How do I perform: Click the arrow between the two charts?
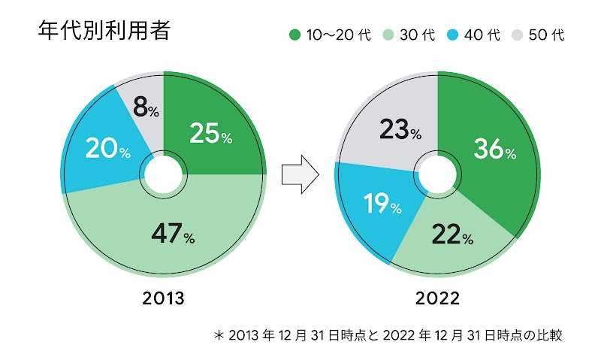(300, 175)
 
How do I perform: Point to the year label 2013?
(164, 298)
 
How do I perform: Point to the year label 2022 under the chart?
(437, 298)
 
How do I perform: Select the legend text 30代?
(416, 35)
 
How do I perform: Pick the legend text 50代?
(547, 35)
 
